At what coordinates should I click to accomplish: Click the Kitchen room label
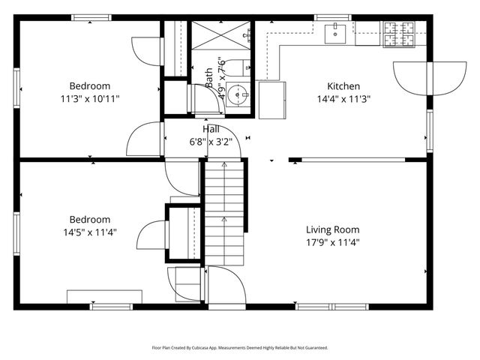343,86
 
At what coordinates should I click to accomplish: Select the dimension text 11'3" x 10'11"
90,98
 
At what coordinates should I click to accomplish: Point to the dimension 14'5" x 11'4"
90,232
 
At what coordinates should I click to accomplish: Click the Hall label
211,129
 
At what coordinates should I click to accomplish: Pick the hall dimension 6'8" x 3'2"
211,141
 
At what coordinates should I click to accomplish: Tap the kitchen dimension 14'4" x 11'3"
343,98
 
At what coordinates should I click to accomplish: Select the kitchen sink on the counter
334,32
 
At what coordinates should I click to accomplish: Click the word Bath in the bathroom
209,74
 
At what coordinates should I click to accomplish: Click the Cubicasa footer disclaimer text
240,348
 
